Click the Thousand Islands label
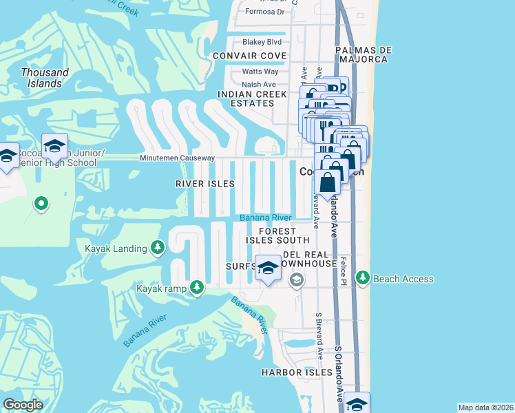(x=45, y=78)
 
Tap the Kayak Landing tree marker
(x=158, y=248)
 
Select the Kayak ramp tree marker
(x=197, y=288)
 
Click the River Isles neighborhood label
(x=205, y=184)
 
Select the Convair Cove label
(x=249, y=55)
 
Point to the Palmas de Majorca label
(x=364, y=54)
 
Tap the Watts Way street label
(x=260, y=72)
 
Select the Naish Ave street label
(x=259, y=85)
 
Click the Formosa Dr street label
(x=265, y=12)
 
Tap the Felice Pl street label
(x=342, y=272)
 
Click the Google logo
(x=23, y=405)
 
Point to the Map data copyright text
(x=485, y=407)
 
